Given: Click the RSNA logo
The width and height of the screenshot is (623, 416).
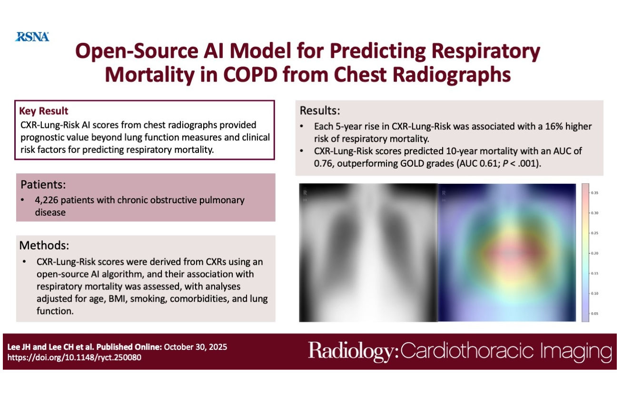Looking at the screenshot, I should pyautogui.click(x=32, y=37).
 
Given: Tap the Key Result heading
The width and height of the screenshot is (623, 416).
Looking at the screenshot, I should pyautogui.click(x=44, y=111).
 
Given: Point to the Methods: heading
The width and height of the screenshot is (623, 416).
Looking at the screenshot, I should pyautogui.click(x=44, y=246).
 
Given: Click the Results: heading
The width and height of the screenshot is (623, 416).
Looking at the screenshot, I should pyautogui.click(x=320, y=111).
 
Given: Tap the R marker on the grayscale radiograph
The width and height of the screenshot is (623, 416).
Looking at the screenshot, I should pyautogui.click(x=305, y=193).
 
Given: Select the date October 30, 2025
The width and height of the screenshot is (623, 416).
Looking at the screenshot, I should pyautogui.click(x=195, y=347).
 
